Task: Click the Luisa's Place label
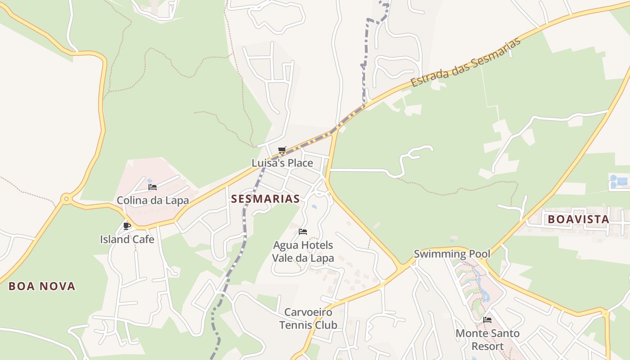coord(282,163)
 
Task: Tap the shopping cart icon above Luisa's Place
coord(282,150)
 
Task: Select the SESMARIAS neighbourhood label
coord(265,199)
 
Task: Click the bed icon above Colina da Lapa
coord(153,187)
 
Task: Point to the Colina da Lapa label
coord(153,200)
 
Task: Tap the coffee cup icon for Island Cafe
coord(127,226)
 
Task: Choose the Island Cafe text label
coord(127,239)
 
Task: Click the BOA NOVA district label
coord(42,286)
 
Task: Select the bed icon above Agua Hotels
coord(303,232)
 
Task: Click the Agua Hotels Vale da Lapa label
coord(303,252)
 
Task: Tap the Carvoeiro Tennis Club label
coord(308,319)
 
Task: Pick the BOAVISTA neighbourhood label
coord(578,220)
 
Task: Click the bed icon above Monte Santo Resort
coord(487,320)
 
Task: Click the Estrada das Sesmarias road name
coord(466,62)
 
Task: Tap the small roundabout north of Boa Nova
coord(67,198)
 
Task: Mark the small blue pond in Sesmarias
coord(314,207)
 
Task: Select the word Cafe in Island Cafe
coord(143,239)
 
